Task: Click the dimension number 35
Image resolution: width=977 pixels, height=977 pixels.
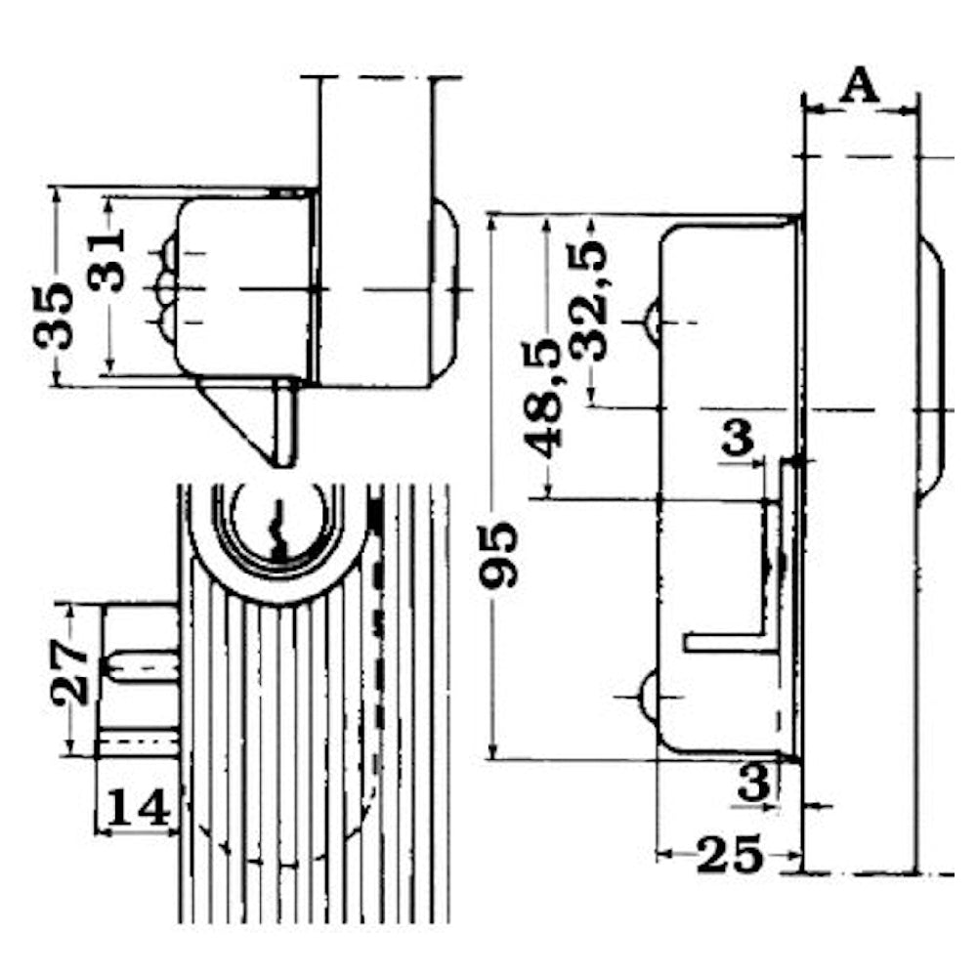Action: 54,316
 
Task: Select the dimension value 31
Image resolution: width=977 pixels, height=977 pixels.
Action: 106,260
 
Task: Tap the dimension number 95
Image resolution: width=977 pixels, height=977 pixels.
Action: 498,555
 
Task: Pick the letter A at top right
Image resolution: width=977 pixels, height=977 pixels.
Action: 860,86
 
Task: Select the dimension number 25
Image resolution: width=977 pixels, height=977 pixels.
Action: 730,855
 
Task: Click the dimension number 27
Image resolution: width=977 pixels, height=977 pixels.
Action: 70,672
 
